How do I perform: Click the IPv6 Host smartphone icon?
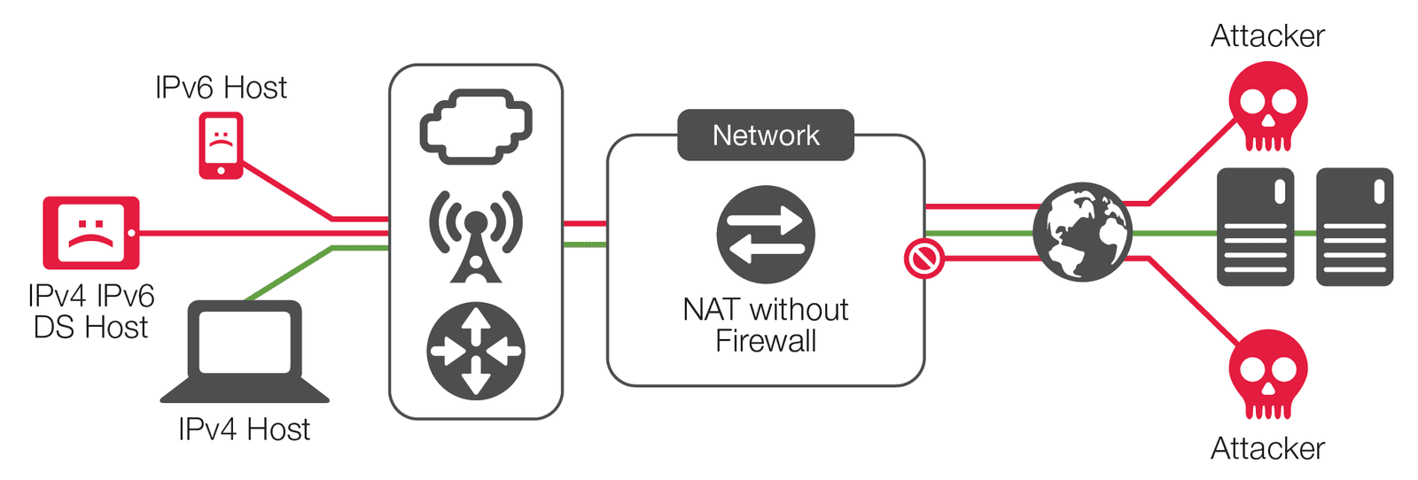(221, 145)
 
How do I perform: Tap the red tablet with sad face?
(91, 232)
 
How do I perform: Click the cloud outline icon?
(476, 127)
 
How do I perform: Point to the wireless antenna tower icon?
(476, 235)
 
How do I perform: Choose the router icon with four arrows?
(476, 351)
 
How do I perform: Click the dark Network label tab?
(766, 135)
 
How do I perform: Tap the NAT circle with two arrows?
(766, 235)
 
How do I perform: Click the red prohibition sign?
(923, 259)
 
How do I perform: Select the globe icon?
(1083, 232)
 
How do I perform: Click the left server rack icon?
(1255, 228)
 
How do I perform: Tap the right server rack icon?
(1354, 228)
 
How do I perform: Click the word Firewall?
(766, 341)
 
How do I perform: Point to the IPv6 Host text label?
(221, 88)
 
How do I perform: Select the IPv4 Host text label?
(244, 430)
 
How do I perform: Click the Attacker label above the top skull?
(1267, 36)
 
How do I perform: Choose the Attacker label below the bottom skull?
(1267, 449)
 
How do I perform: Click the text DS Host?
(90, 328)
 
